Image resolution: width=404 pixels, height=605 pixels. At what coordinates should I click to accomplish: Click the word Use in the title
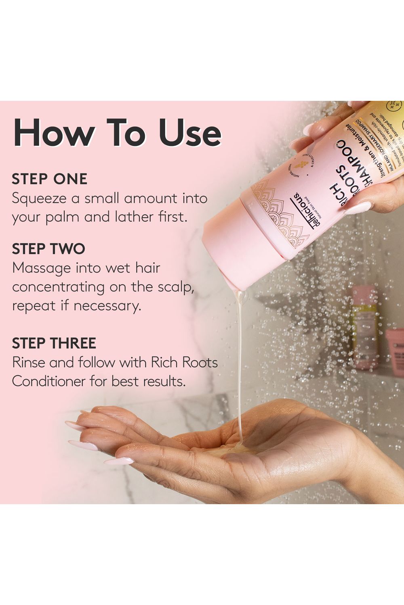click(x=189, y=133)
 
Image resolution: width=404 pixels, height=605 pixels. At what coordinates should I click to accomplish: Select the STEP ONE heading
click(x=49, y=179)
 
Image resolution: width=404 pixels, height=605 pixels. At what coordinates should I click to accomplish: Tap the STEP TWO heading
click(x=48, y=249)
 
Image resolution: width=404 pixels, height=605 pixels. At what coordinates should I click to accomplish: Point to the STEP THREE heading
click(x=54, y=343)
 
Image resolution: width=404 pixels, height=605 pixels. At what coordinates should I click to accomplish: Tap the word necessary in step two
click(x=107, y=306)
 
